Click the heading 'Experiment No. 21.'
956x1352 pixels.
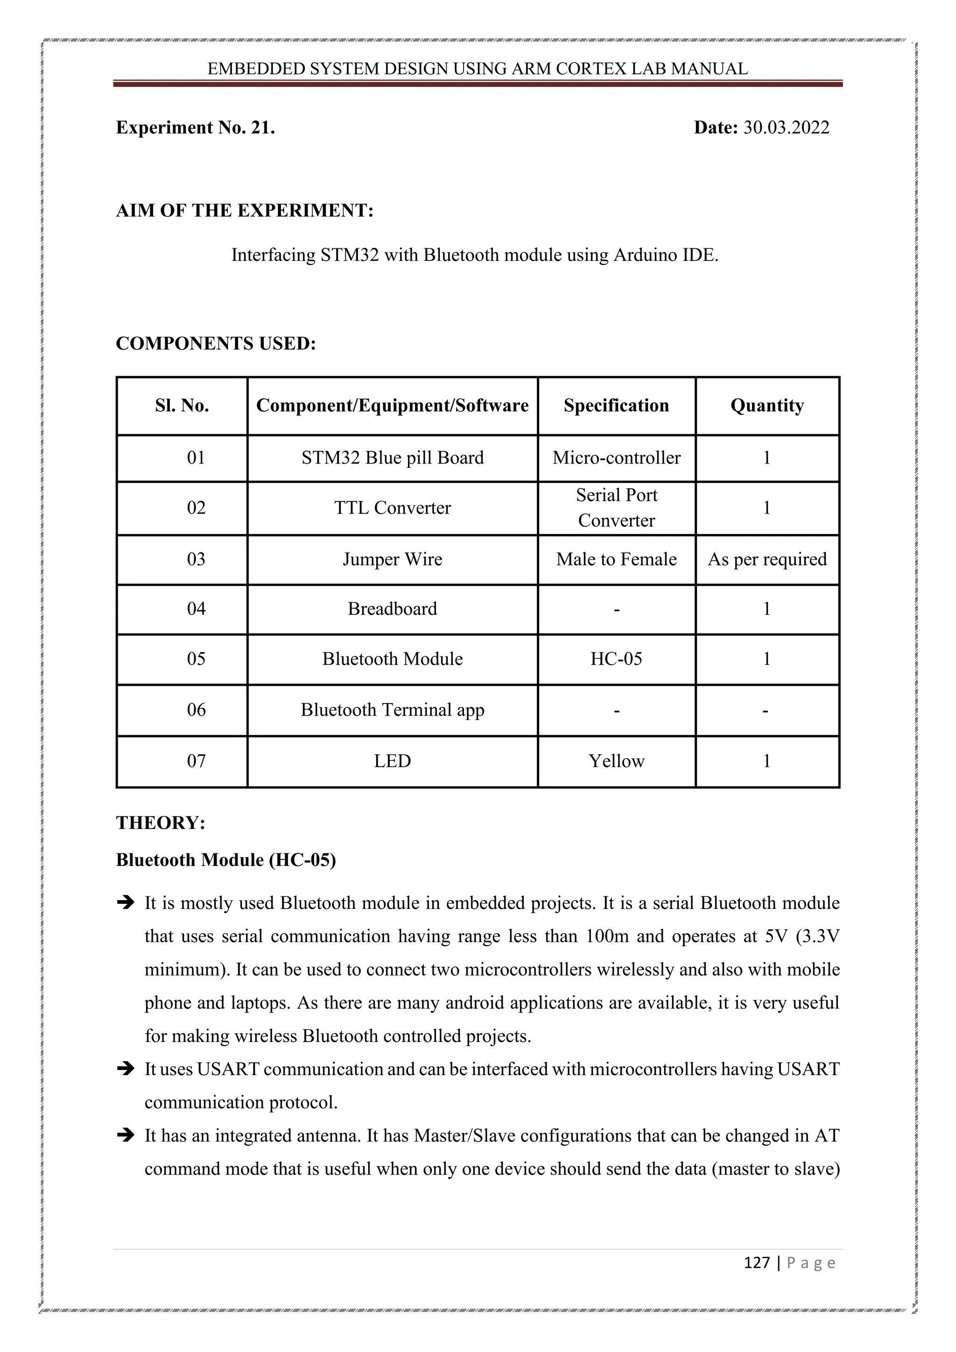click(x=196, y=128)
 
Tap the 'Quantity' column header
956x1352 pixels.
click(x=766, y=406)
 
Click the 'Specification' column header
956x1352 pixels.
click(x=616, y=406)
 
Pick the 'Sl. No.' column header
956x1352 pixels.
click(x=182, y=406)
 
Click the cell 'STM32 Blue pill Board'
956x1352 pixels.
click(x=392, y=458)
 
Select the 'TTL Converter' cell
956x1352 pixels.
click(x=392, y=507)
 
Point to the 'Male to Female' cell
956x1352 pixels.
click(x=616, y=559)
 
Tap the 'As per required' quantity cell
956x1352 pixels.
click(x=766, y=559)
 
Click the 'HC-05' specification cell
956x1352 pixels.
click(x=616, y=658)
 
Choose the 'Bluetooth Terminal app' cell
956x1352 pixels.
click(x=392, y=710)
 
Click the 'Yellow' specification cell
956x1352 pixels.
click(x=616, y=761)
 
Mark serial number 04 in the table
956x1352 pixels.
click(x=196, y=608)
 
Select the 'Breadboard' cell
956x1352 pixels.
click(x=392, y=608)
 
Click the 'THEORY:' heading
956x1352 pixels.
click(x=161, y=823)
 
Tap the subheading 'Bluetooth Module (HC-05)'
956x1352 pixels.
click(x=225, y=860)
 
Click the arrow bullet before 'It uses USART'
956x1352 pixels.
click(x=126, y=1069)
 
